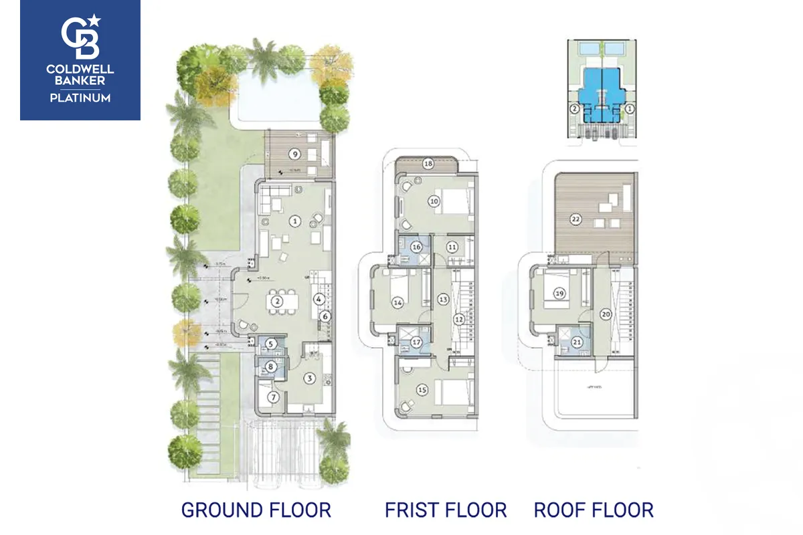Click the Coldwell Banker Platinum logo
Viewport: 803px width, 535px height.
[80, 60]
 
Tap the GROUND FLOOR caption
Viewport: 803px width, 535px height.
[256, 510]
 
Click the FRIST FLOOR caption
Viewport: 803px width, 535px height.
[446, 510]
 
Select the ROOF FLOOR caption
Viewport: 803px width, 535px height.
[594, 510]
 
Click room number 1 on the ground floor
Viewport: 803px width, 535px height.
[294, 221]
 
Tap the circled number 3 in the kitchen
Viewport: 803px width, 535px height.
[308, 379]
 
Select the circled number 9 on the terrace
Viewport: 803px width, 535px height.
[294, 154]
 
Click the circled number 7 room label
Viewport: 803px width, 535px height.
[273, 397]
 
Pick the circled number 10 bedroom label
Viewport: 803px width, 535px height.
[434, 201]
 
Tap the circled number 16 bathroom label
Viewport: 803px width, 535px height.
[416, 247]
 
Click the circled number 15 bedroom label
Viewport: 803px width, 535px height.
[422, 390]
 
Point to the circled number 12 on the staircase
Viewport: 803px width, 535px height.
[458, 320]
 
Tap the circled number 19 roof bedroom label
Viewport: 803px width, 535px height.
[559, 292]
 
